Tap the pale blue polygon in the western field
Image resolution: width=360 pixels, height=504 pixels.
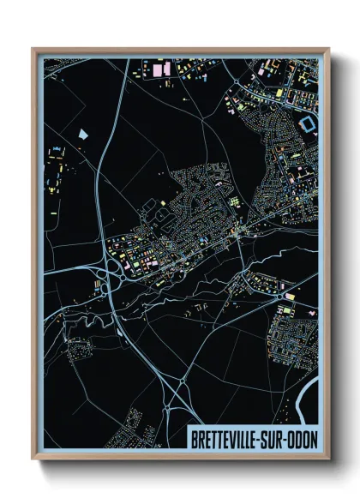pyautogui.click(x=84, y=135)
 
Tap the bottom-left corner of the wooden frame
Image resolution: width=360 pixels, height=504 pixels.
pyautogui.click(x=33, y=459)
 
